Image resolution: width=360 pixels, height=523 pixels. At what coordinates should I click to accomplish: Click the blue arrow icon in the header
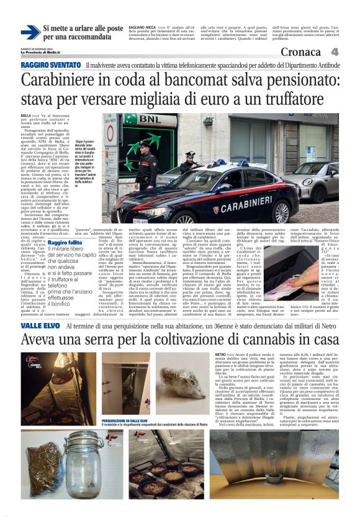[x=29, y=33]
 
